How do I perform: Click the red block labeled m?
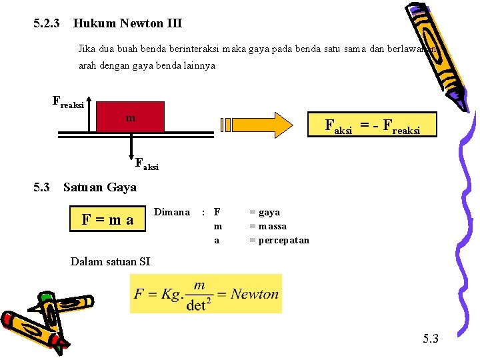click(131, 117)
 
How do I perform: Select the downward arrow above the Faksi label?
click(131, 147)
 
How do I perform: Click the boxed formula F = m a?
click(107, 219)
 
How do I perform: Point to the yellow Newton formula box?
click(205, 293)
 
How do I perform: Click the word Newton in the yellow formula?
click(254, 294)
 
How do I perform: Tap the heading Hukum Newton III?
click(127, 23)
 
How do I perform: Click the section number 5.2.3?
click(47, 23)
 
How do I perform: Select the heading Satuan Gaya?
click(100, 187)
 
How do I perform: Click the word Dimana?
click(172, 212)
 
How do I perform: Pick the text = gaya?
click(265, 212)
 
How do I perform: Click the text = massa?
click(268, 226)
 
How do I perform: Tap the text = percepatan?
click(279, 240)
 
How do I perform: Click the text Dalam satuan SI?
click(110, 261)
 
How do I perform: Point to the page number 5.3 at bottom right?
click(431, 339)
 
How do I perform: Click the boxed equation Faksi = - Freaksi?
click(371, 124)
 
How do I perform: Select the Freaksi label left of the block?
click(68, 103)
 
